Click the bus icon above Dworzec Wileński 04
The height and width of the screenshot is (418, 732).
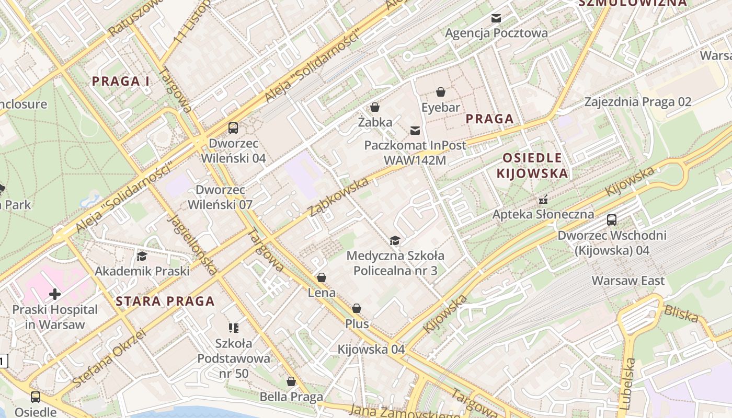(233, 128)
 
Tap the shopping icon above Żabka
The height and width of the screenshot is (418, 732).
(374, 108)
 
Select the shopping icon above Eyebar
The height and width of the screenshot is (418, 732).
(441, 92)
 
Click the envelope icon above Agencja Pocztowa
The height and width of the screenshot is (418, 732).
(496, 18)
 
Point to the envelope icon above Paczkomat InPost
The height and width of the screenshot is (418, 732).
(415, 130)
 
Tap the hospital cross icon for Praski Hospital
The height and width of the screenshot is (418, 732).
(55, 294)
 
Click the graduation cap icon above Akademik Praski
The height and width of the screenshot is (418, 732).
(142, 256)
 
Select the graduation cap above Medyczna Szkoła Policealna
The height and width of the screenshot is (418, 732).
(395, 240)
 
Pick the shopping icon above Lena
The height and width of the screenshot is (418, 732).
(322, 277)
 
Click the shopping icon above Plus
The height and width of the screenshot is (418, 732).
(357, 309)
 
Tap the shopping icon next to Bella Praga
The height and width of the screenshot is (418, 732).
(291, 382)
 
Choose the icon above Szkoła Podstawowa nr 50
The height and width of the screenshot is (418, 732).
(234, 328)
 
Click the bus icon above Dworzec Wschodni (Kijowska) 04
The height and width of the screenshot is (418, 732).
(611, 220)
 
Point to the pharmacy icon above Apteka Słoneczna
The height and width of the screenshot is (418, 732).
(543, 199)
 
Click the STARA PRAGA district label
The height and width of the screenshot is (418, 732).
(165, 301)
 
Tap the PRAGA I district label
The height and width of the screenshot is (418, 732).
(121, 81)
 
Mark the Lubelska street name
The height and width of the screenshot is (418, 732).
(628, 384)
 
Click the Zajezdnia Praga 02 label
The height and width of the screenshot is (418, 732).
(638, 102)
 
